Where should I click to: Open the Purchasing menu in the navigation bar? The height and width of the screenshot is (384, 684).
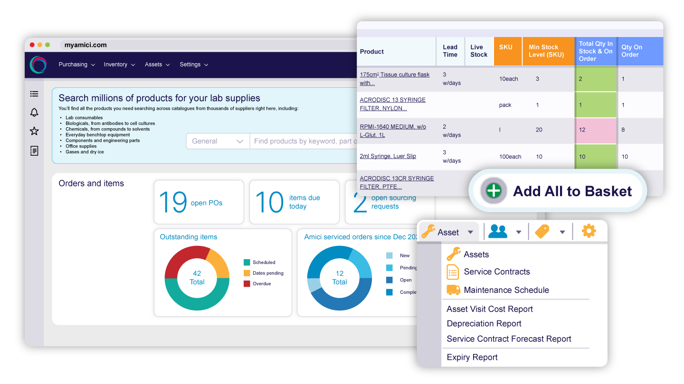76,65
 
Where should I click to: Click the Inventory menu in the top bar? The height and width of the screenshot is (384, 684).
119,65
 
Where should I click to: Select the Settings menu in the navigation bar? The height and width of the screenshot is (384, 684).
194,65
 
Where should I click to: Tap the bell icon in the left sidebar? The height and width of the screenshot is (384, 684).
34,112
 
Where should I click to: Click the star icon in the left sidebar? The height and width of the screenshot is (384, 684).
34,131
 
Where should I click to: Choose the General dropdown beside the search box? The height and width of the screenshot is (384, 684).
218,141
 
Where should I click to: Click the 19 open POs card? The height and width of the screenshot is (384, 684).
199,202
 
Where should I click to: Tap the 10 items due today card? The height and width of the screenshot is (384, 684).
294,202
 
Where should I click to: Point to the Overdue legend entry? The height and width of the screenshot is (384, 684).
261,284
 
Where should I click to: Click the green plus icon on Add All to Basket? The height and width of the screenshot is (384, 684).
494,191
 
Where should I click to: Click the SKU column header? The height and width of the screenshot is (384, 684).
506,47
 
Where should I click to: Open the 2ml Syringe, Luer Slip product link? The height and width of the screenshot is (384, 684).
388,156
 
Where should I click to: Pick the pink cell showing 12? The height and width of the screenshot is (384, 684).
596,130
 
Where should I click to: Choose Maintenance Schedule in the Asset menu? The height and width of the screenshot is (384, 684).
506,290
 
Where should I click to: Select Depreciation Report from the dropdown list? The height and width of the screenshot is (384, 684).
484,324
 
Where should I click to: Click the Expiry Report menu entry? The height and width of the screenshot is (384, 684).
472,357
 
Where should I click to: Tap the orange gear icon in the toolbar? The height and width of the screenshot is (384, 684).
589,232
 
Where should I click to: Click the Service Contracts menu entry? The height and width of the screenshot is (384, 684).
496,272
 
